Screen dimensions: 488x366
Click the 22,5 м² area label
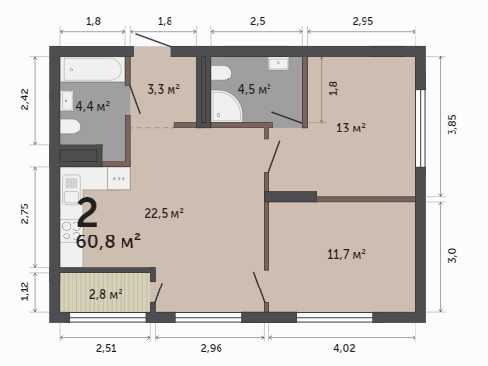coord(164,213)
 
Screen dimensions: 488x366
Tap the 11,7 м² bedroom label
coord(346,254)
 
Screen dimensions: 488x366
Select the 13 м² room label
coord(351,128)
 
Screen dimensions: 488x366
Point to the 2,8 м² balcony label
coord(106,294)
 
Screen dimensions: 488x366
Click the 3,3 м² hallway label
coord(164,89)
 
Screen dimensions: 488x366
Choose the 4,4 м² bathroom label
coord(93,106)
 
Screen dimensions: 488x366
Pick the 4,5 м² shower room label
coord(254,89)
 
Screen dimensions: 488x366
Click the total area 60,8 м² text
coord(109,241)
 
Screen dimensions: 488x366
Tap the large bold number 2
coord(87,213)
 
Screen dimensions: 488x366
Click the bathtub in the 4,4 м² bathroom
coord(93,70)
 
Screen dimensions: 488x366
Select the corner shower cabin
coord(226,106)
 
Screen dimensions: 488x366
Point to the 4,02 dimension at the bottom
coord(344,348)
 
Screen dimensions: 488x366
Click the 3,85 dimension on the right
coord(452,125)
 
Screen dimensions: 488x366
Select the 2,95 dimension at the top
coord(363,21)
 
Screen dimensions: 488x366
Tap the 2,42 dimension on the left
coord(24,99)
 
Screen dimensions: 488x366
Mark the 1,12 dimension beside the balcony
coord(24,291)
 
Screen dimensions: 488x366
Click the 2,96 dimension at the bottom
coord(211,348)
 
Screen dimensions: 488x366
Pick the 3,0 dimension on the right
coord(452,255)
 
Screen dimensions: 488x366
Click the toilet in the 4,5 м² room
coord(221,74)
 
